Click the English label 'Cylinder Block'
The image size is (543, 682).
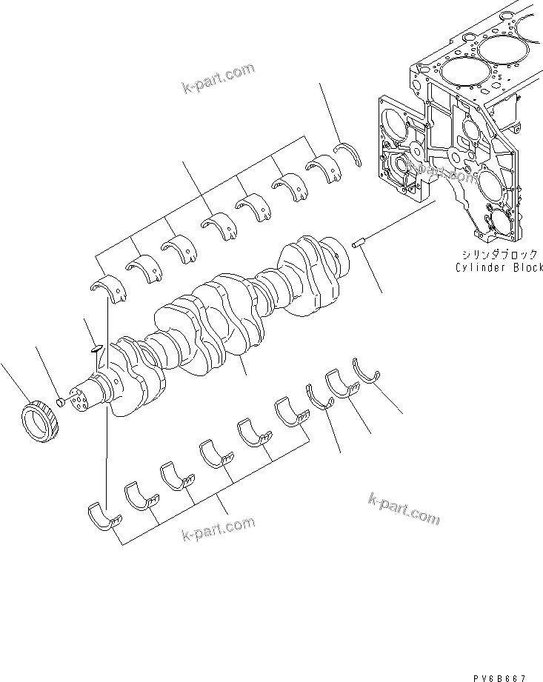coord(499,267)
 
